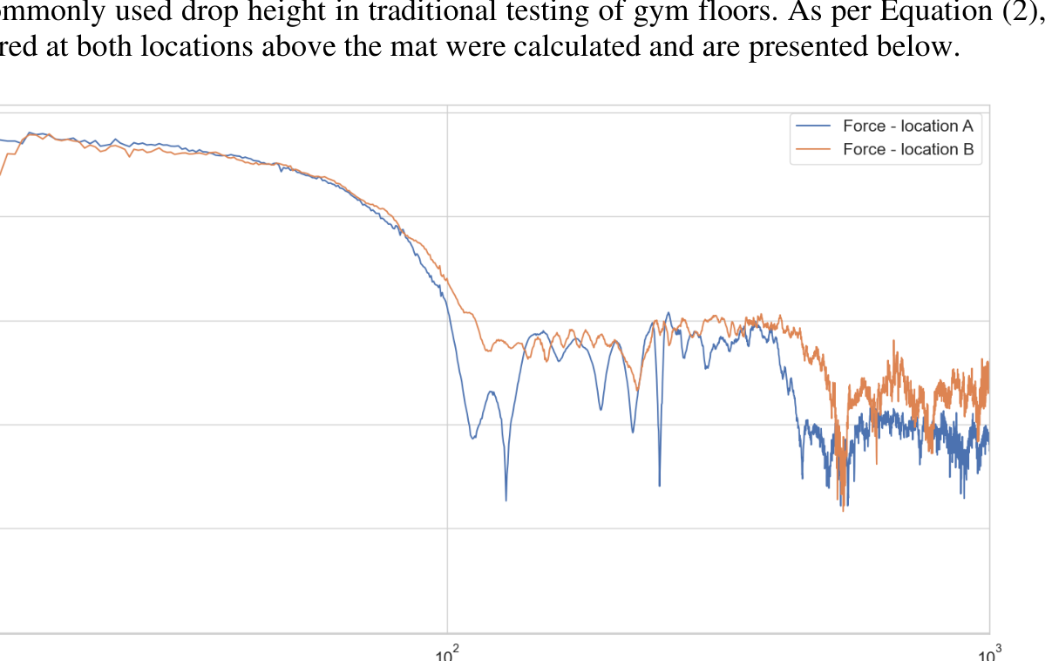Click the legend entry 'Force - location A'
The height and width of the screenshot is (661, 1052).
907,126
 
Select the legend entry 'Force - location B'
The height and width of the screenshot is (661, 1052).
907,149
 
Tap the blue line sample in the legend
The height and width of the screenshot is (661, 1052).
814,126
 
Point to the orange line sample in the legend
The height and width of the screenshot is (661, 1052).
814,149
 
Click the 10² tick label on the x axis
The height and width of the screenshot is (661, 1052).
447,652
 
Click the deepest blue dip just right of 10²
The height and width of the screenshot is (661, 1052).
506,500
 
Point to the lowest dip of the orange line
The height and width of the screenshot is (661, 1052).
843,509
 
